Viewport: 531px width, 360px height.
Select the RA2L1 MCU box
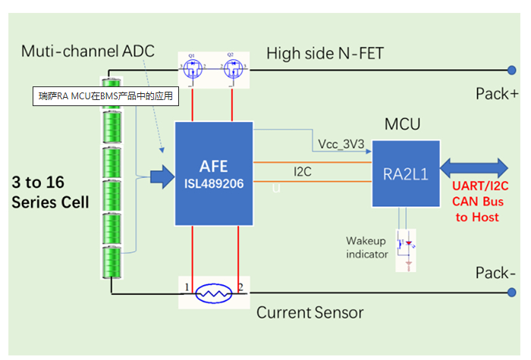tap(404, 172)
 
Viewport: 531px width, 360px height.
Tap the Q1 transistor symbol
tap(193, 70)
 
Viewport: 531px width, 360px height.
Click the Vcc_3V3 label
tap(341, 145)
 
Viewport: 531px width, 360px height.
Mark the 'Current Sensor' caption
tap(309, 312)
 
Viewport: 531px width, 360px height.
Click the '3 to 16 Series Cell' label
tap(49, 193)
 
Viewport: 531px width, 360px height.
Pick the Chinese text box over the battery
tap(106, 96)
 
